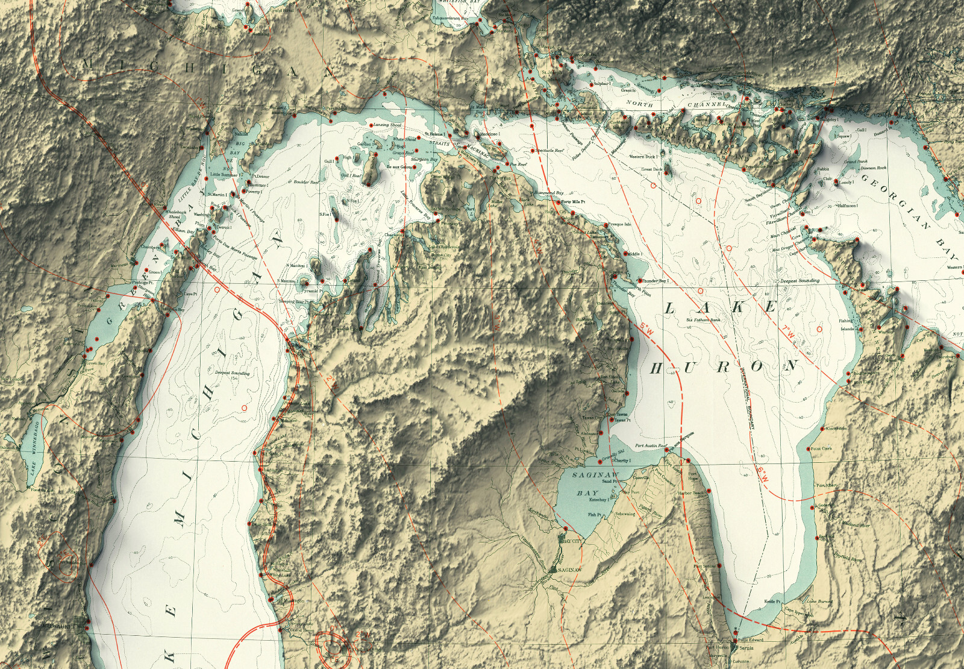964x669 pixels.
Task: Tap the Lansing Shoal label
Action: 387,124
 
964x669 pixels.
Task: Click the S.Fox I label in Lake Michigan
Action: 325,215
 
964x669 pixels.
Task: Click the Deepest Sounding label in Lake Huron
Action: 798,281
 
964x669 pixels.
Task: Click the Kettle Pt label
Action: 772,601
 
